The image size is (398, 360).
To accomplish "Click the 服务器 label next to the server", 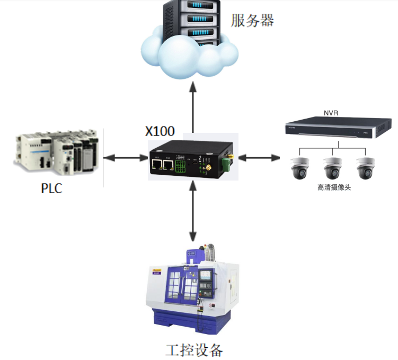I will [x=252, y=21].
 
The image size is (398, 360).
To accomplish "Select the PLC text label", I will [x=51, y=188].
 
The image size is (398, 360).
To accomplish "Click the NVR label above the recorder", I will [x=330, y=113].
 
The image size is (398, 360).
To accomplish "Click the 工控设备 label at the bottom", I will [x=194, y=350].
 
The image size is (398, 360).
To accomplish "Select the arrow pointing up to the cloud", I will [x=193, y=106].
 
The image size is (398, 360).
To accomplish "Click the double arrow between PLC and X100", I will [x=126, y=157].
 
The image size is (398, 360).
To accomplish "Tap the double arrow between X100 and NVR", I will [x=259, y=157].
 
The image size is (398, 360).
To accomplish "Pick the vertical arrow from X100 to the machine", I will [x=193, y=212].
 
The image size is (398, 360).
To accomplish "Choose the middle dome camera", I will [x=332, y=168].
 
